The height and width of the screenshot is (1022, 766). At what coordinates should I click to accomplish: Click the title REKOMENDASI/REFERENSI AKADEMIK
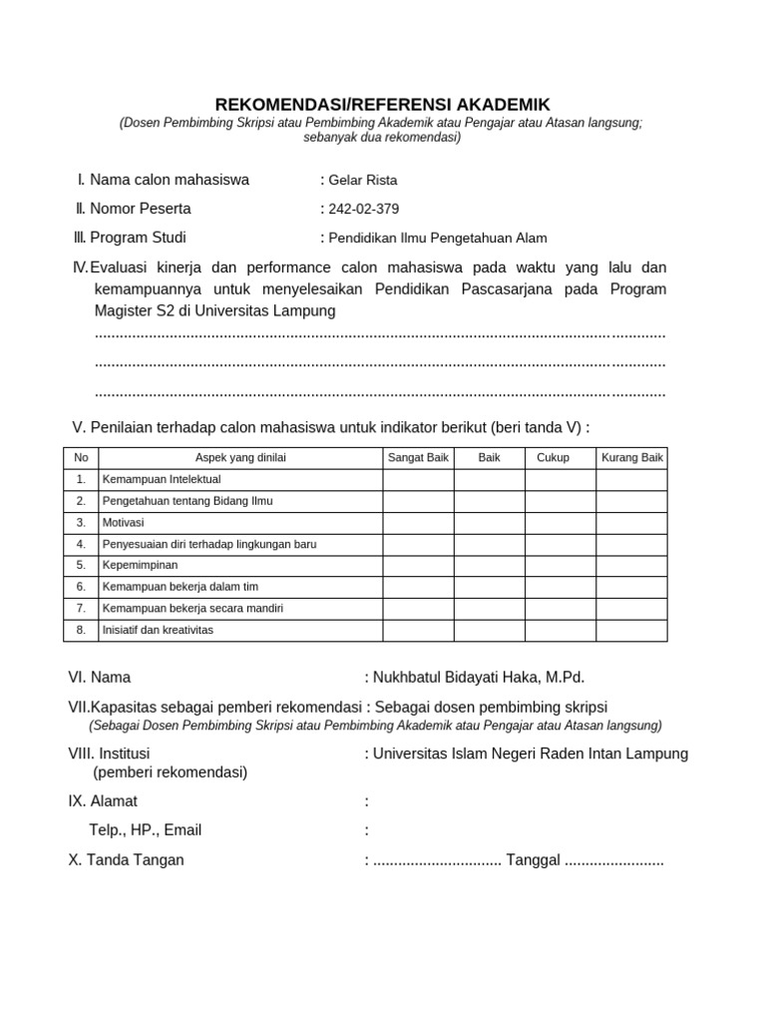coord(384,104)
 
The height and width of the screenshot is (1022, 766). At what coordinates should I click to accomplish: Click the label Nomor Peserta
coord(140,209)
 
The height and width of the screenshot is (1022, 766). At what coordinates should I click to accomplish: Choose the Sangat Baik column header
coord(418,458)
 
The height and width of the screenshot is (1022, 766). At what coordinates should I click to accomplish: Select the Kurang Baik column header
coord(631,458)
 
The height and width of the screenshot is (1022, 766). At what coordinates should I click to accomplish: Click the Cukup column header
coord(553,458)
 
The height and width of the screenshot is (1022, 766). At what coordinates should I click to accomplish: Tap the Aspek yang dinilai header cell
coord(239,458)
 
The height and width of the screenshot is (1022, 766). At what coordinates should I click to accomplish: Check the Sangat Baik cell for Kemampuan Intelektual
coord(418,480)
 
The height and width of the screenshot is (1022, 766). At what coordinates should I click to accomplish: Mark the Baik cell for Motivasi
coord(489,523)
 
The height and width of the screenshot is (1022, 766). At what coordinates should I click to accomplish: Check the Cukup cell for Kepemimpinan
coord(561,566)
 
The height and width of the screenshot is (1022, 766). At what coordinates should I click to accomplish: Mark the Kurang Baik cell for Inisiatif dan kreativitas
coord(631,630)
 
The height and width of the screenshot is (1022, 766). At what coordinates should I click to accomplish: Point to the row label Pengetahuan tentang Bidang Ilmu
coord(187,501)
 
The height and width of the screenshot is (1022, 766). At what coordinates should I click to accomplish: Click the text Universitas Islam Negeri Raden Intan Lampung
coord(531,754)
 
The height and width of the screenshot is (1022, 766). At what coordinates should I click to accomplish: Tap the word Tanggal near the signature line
coord(534,860)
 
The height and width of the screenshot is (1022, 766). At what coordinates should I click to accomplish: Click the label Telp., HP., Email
coord(146,830)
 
